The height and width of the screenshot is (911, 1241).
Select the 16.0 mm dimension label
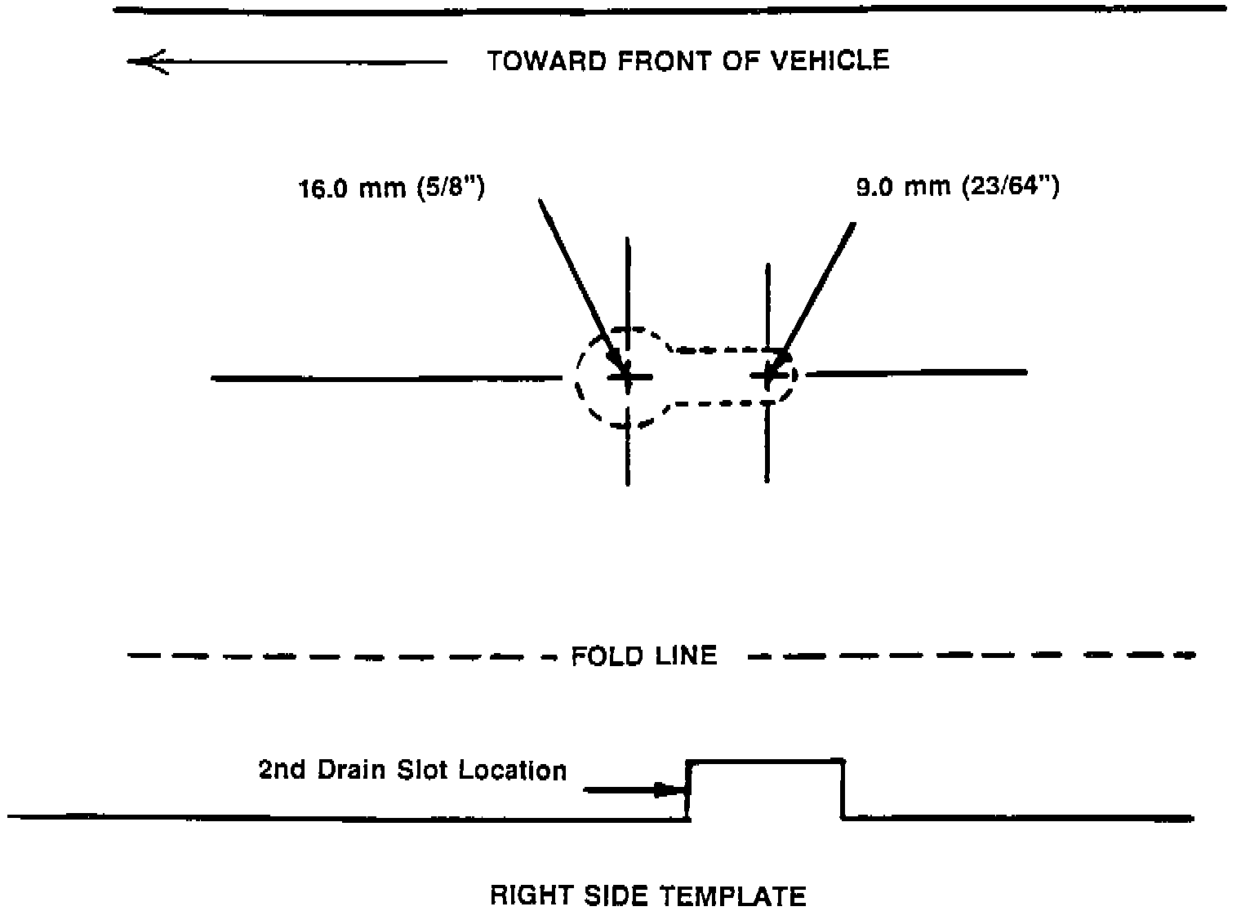point(351,189)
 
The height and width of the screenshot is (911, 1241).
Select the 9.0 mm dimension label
point(903,187)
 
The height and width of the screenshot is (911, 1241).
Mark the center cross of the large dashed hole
point(627,377)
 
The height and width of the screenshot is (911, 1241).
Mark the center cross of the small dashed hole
point(767,376)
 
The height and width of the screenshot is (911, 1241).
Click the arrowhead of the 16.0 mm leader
point(616,359)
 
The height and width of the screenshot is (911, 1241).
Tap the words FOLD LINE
point(643,655)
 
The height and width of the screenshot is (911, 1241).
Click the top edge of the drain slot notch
point(766,762)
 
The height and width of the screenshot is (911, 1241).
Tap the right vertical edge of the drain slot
point(843,789)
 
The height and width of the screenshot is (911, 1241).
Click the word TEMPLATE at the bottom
point(734,895)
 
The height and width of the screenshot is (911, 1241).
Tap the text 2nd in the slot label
point(278,771)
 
